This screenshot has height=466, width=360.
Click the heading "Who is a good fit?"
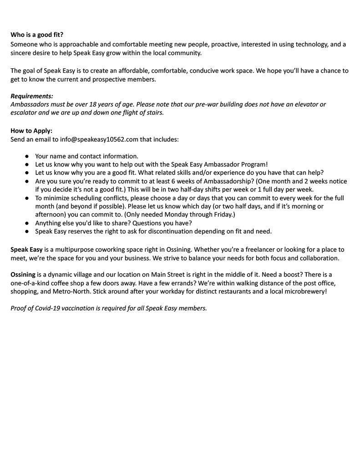[37, 35]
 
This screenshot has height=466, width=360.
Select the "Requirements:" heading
[32, 96]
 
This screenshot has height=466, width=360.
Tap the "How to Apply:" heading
[31, 131]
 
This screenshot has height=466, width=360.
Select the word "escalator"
[25, 113]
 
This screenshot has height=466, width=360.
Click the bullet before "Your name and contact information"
[27, 156]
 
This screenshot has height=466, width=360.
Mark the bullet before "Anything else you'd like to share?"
[27, 223]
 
